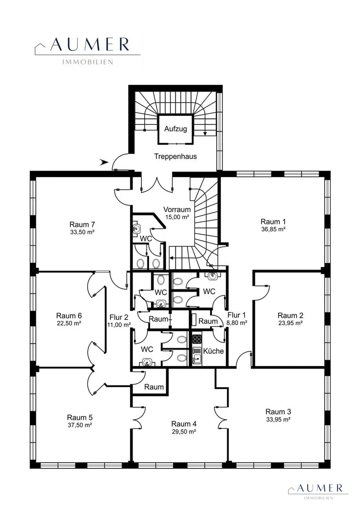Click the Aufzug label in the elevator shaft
coord(175,129)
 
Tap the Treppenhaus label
coord(175,156)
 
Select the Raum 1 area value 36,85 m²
coord(273,229)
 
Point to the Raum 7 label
coord(82,224)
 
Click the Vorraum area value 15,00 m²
coord(177,217)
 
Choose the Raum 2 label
coord(291,315)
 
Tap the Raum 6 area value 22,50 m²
coord(68,323)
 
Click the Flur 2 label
coord(119,317)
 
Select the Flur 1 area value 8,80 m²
coord(237,323)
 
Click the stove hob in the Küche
coord(197,339)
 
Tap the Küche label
coord(213,351)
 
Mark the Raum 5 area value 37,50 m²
coord(80,425)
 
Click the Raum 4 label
coord(184,424)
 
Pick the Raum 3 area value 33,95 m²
coord(278,419)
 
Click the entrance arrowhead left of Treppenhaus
coord(104,162)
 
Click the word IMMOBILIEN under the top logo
coord(87,62)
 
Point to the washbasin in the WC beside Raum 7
coord(136,229)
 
